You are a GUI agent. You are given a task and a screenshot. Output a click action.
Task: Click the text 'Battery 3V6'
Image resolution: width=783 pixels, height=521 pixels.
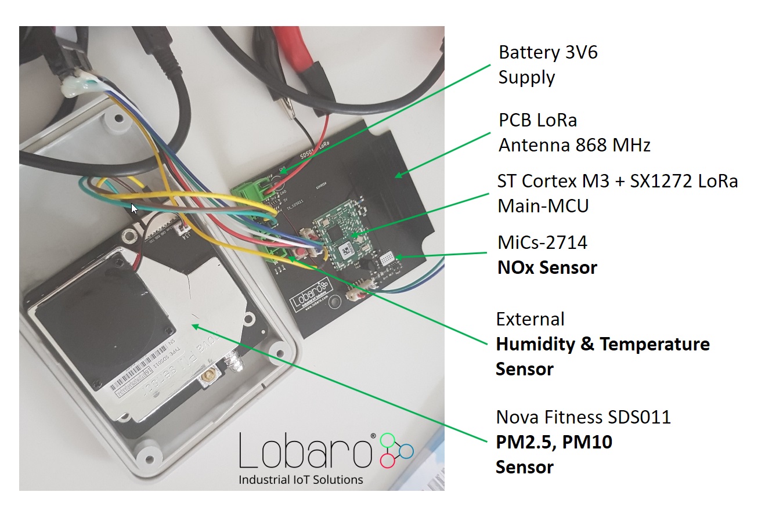548,52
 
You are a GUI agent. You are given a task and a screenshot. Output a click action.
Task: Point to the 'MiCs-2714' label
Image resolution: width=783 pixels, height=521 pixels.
542,243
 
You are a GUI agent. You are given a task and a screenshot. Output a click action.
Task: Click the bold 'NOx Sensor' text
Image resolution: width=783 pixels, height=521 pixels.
547,267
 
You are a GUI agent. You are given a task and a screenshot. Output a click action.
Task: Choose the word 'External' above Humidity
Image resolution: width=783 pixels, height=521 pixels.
530,319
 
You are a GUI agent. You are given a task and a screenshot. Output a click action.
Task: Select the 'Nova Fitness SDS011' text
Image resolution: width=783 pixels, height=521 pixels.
583,417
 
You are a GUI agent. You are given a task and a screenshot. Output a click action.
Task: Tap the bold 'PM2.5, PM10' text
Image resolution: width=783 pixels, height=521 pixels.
554,442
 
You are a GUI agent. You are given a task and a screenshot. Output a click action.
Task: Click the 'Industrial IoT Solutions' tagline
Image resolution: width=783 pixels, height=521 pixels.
301,480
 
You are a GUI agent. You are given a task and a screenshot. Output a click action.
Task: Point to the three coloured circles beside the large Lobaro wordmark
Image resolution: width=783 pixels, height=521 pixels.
396,450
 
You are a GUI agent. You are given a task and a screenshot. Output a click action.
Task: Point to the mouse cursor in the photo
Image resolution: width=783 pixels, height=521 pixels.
135,208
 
